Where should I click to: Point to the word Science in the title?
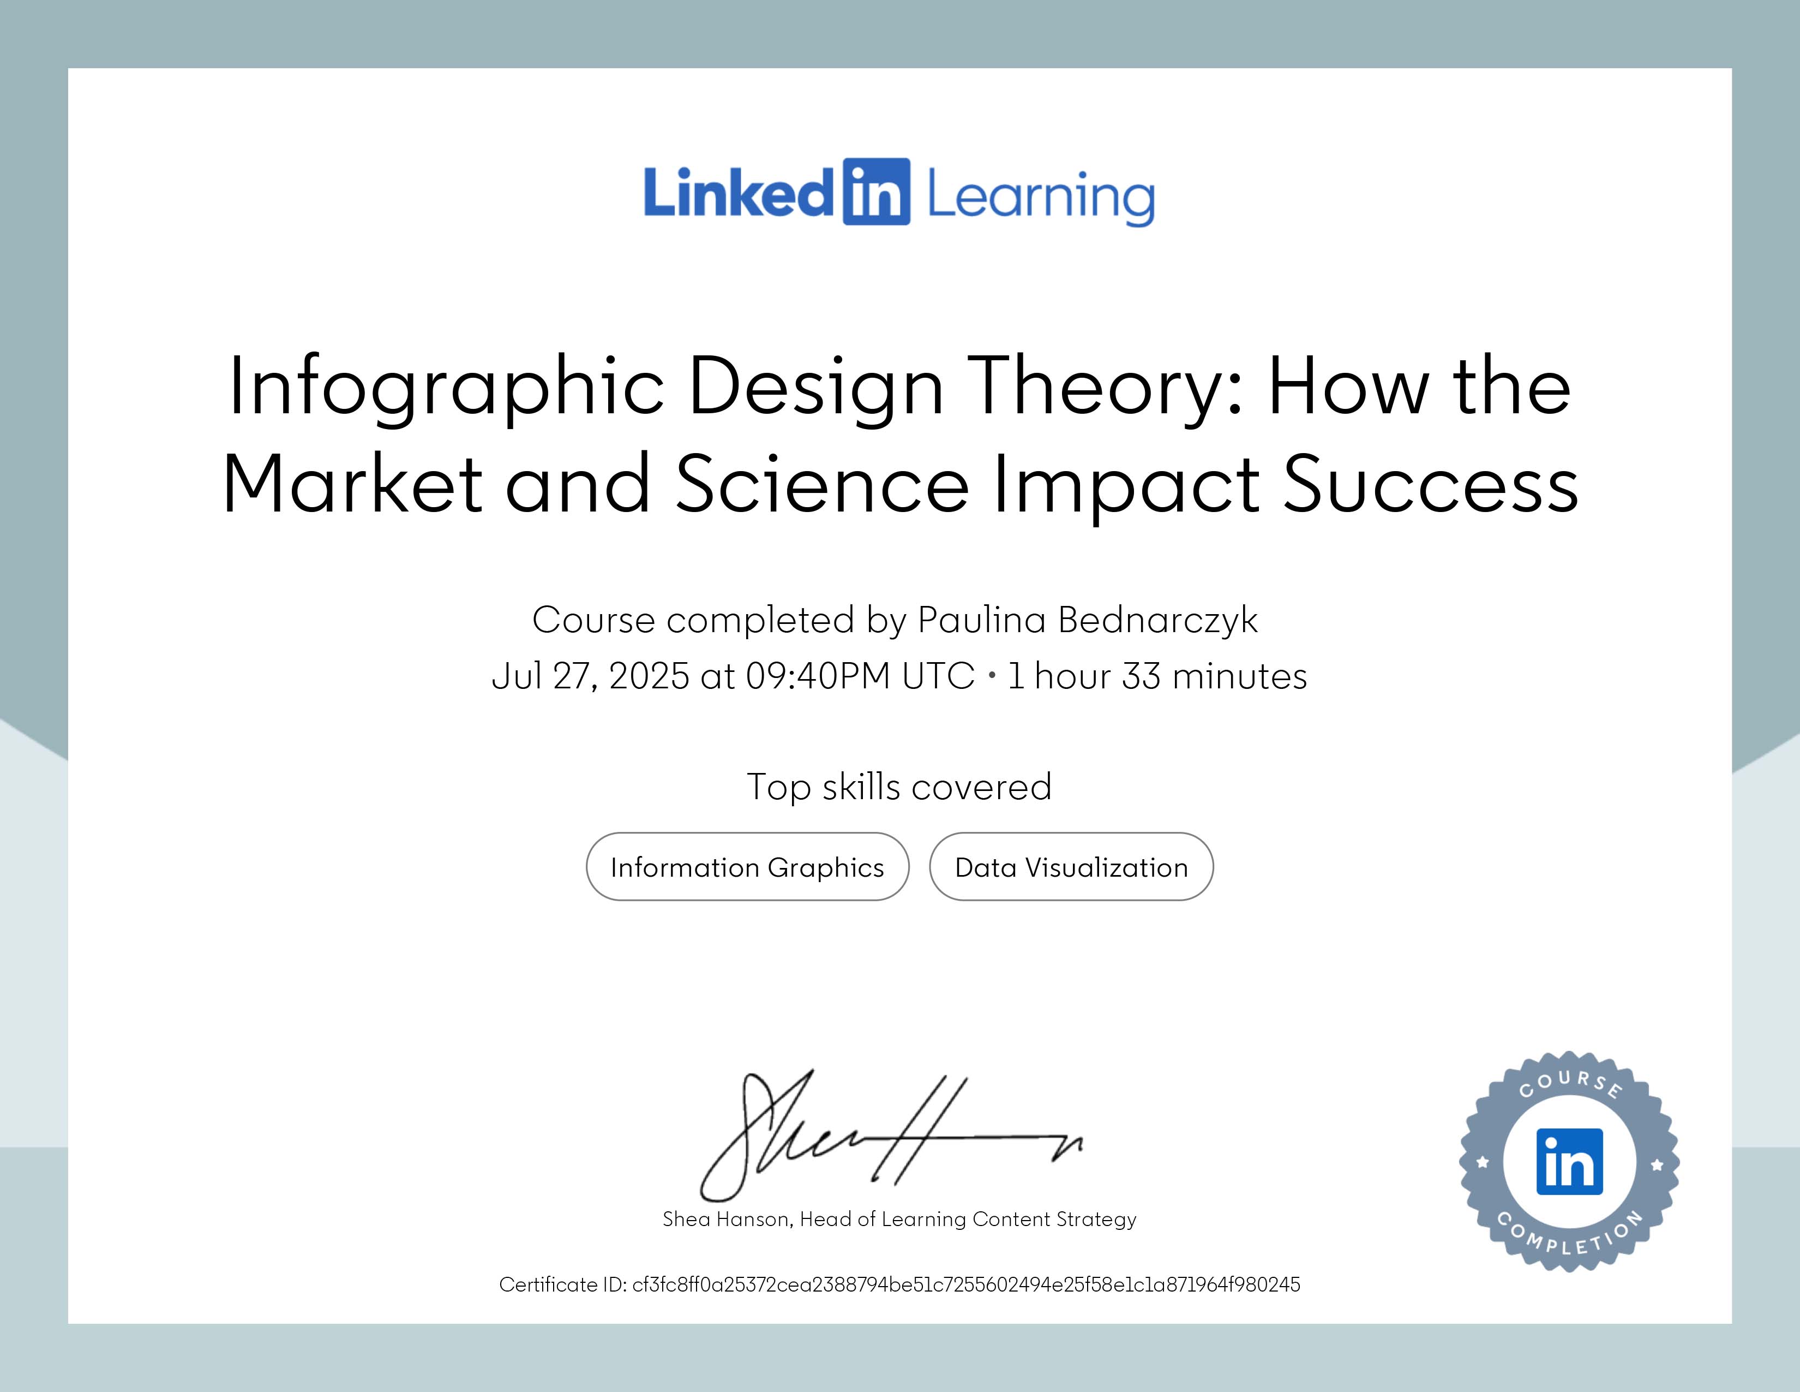click(x=821, y=484)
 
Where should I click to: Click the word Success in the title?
click(x=1431, y=484)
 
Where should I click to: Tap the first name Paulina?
click(x=981, y=620)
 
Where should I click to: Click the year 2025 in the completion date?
click(x=649, y=676)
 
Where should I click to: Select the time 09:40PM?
click(x=818, y=676)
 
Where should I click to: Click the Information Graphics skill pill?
click(x=747, y=867)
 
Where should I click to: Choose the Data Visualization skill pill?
click(x=1071, y=867)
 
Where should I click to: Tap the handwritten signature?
click(x=890, y=1135)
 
